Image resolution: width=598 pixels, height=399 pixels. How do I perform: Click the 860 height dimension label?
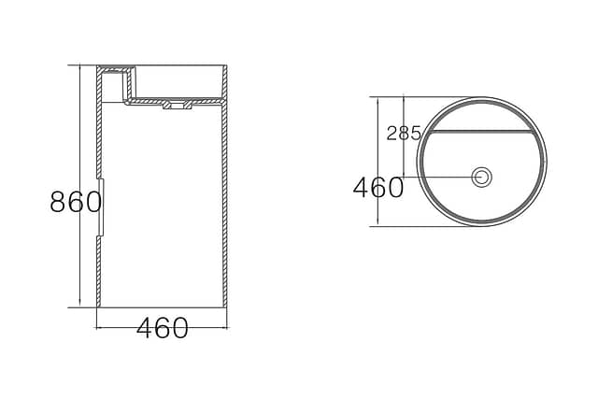point(76,202)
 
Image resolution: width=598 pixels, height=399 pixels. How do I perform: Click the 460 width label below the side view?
point(163,328)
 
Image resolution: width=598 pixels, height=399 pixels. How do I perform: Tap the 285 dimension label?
point(404,133)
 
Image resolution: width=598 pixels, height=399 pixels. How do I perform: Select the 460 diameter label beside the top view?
point(377,187)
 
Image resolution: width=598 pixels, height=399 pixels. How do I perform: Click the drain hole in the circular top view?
point(482,177)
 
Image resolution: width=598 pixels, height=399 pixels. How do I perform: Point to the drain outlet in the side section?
point(178,105)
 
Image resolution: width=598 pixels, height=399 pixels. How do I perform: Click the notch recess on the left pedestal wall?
point(102,207)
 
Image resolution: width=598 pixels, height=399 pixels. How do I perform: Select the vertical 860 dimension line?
point(79,186)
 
